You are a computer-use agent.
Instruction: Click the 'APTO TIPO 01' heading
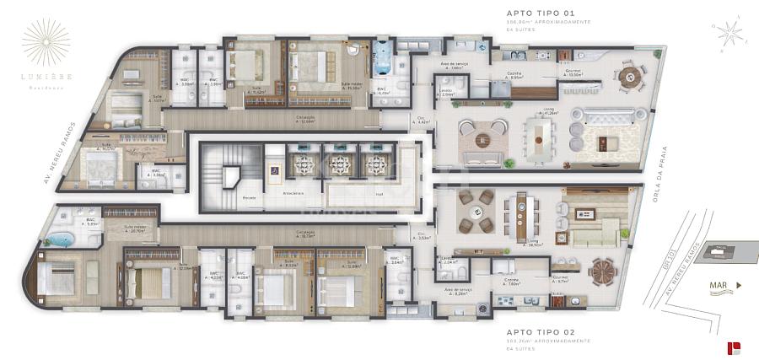(x=540, y=13)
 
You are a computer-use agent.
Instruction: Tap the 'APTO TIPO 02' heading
(x=541, y=332)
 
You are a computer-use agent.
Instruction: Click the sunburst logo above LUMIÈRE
(x=46, y=41)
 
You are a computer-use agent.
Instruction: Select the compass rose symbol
(x=729, y=33)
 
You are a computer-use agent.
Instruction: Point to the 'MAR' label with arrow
(x=724, y=286)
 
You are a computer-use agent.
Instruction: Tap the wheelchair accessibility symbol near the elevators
(x=274, y=169)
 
